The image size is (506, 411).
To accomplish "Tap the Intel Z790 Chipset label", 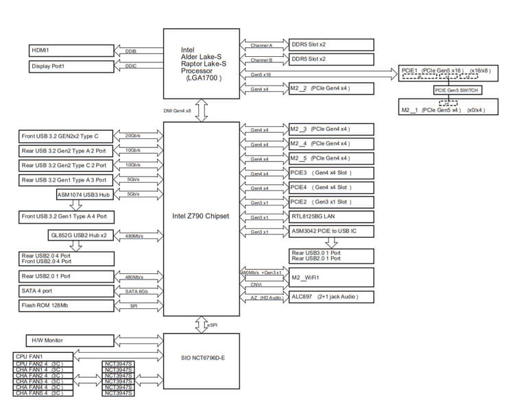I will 200,216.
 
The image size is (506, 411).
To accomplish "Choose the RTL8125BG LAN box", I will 331,216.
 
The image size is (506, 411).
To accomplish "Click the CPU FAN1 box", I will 41,357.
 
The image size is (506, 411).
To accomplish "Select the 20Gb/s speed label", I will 133,136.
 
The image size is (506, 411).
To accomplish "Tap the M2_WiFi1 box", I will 331,277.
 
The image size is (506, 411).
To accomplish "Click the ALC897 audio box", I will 331,297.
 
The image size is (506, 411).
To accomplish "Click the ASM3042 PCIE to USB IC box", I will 331,232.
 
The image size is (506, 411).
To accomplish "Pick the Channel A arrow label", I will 261,45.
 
